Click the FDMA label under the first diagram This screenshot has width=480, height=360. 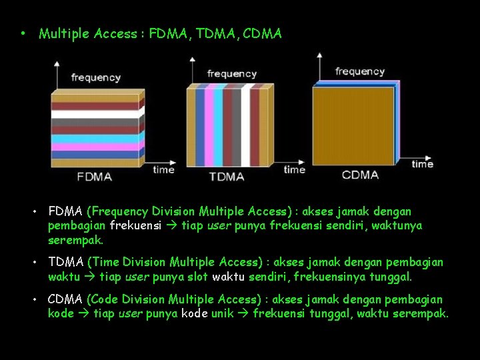[x=94, y=177]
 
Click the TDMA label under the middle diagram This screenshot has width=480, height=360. [x=227, y=177]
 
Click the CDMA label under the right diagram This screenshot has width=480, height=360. [x=360, y=175]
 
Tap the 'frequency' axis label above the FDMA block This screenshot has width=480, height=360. [x=96, y=77]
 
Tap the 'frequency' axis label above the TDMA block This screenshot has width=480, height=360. [x=231, y=73]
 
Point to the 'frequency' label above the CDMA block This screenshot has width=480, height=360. [x=360, y=71]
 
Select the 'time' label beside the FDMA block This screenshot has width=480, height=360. [x=163, y=169]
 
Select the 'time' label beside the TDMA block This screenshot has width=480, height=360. [x=294, y=169]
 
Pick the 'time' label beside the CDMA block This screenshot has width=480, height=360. [x=422, y=163]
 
